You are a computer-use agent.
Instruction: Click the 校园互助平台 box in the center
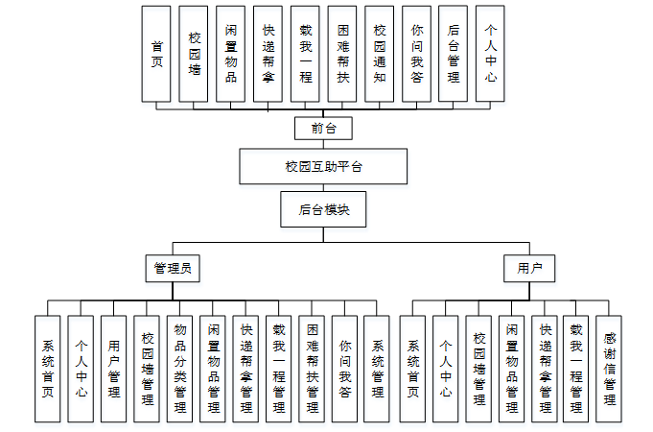[x=323, y=166]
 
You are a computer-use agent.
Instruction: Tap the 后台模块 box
[x=323, y=209]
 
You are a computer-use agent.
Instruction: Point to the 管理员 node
[x=173, y=269]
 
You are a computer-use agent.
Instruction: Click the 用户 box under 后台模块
[x=529, y=269]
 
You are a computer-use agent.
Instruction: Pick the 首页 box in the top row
[x=156, y=54]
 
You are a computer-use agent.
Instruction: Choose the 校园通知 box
[x=380, y=54]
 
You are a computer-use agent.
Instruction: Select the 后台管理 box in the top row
[x=454, y=54]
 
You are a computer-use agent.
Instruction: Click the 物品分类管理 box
[x=179, y=369]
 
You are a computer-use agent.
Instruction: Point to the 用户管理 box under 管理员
[x=114, y=369]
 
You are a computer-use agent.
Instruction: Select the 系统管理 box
[x=377, y=369]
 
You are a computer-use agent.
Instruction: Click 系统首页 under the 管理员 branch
[x=48, y=369]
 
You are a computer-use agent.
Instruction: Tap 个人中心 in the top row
[x=490, y=54]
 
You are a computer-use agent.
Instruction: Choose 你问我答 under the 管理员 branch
[x=344, y=369]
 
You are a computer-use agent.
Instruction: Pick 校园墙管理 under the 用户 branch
[x=478, y=369]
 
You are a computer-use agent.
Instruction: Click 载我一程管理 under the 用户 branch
[x=575, y=369]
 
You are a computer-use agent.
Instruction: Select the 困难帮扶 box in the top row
[x=342, y=54]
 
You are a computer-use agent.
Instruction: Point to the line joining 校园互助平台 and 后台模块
[x=323, y=188]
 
